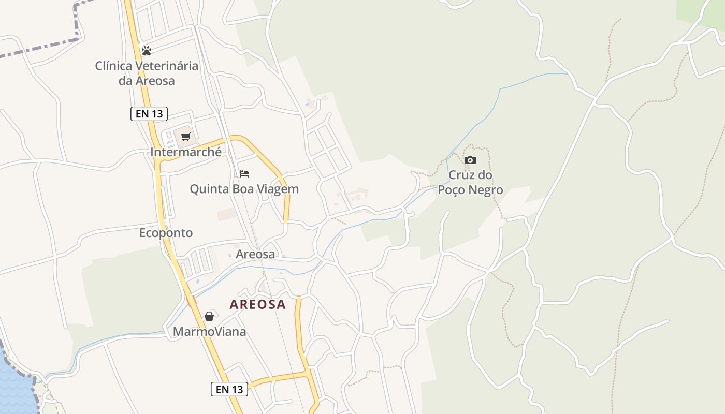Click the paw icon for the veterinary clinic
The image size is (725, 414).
147,51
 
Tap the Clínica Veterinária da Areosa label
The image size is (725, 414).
147,73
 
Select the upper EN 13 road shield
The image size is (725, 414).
149,114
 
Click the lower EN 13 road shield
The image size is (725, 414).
229,389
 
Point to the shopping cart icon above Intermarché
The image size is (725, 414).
185,137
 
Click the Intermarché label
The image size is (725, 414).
186,152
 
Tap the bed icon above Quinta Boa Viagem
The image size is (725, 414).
244,174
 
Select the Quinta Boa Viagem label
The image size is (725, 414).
244,189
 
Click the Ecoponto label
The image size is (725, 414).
166,233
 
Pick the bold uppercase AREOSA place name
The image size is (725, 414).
257,304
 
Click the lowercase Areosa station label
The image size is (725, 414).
255,254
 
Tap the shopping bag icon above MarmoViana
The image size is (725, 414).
209,316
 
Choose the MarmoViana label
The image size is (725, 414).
209,332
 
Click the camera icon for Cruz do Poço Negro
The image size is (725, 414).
470,160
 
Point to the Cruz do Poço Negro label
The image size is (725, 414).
470,182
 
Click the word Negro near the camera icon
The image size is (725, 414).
485,190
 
